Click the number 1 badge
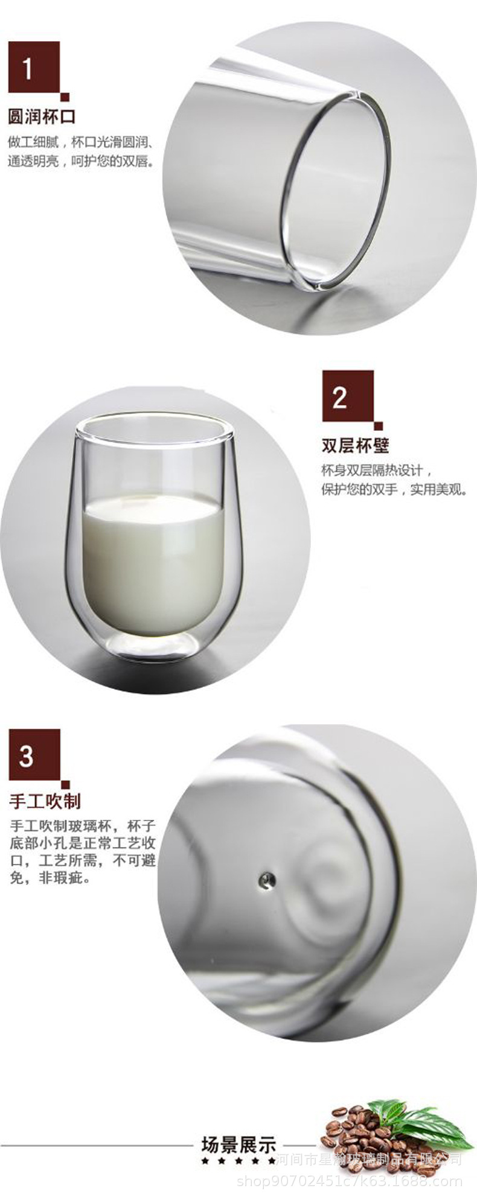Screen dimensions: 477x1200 [x=34, y=67]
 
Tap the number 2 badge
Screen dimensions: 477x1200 [x=348, y=396]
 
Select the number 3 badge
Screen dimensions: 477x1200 [x=34, y=755]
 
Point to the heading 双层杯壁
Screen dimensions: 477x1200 [x=355, y=445]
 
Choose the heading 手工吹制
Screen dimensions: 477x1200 [x=45, y=801]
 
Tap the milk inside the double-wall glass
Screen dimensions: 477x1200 [x=152, y=563]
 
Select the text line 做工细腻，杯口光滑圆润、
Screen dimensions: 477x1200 [x=81, y=143]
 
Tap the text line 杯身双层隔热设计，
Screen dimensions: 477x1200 [x=377, y=470]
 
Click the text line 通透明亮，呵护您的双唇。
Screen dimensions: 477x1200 [x=81, y=162]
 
